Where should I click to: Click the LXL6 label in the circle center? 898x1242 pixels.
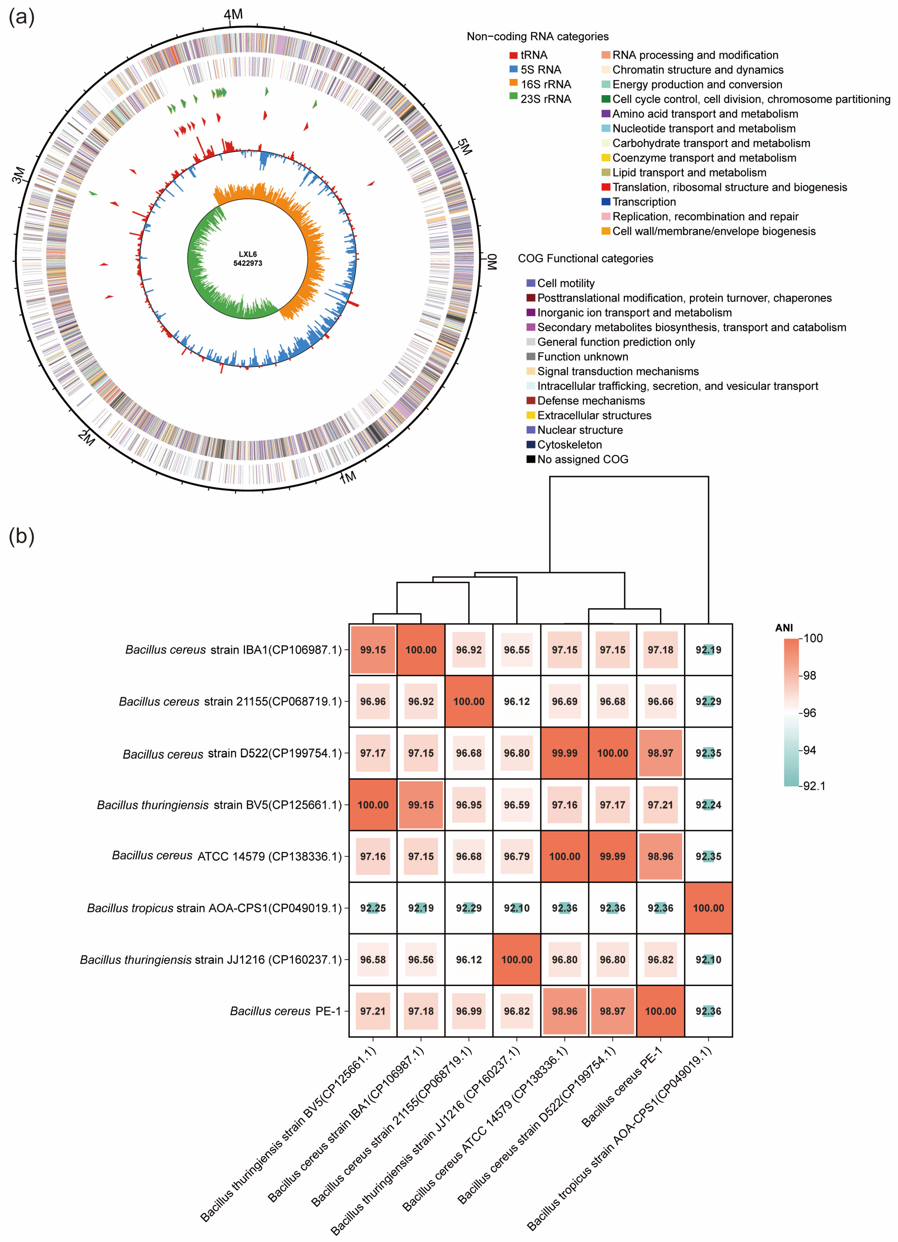click(x=248, y=254)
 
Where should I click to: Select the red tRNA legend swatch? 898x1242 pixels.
click(x=513, y=55)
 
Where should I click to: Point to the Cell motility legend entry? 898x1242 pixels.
click(x=565, y=283)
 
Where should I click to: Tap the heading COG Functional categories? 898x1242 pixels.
click(x=585, y=259)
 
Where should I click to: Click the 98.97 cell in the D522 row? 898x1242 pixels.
click(x=660, y=753)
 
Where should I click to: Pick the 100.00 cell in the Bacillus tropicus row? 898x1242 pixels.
click(x=708, y=908)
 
